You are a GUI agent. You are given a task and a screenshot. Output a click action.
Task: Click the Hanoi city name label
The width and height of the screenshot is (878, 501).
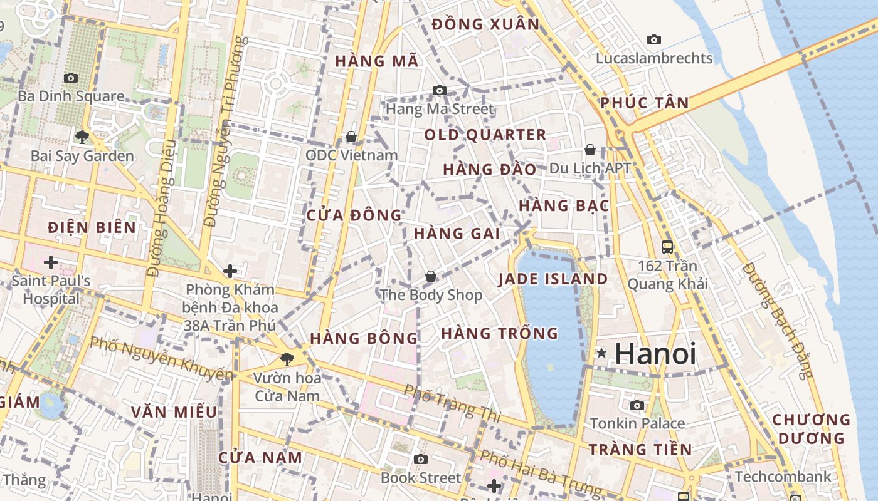click(655, 354)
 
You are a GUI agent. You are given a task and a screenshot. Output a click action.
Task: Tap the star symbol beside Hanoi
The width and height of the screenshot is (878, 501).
click(601, 353)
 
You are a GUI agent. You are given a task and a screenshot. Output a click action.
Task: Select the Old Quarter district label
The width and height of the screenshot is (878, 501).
click(485, 135)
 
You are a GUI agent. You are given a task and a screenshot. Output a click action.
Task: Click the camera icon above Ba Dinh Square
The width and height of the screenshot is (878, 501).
click(71, 78)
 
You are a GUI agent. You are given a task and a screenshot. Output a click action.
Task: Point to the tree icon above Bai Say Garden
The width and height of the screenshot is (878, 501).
click(82, 137)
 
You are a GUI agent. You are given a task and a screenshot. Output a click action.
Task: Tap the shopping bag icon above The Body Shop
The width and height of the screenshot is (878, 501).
click(431, 276)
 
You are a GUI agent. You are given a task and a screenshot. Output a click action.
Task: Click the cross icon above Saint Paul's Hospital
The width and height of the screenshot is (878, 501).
click(51, 262)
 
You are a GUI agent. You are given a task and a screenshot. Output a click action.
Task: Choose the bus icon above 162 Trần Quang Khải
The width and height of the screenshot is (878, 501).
click(667, 247)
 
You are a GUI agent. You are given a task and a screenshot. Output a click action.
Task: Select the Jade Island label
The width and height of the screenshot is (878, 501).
click(553, 279)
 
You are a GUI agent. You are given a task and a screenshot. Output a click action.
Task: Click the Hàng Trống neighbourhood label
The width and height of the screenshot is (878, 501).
click(499, 333)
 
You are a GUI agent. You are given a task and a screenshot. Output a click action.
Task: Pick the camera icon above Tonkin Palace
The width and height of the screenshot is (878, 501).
click(637, 405)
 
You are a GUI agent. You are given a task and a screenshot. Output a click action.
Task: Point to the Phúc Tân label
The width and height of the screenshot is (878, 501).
click(645, 103)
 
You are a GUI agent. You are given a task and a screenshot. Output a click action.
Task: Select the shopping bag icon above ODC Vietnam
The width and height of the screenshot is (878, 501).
click(351, 137)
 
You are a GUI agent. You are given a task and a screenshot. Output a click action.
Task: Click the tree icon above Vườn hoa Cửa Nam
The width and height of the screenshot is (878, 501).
click(287, 359)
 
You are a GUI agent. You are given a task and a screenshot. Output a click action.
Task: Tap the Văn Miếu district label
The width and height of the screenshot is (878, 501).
click(174, 412)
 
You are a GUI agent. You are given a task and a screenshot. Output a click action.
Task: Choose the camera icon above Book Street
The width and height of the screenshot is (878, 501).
click(421, 459)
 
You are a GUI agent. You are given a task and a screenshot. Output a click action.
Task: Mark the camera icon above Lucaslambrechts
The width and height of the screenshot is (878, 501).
click(654, 39)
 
